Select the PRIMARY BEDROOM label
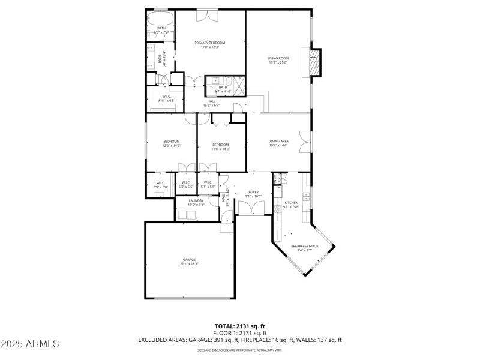(209, 43)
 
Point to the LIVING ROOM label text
(278, 58)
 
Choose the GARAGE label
(189, 260)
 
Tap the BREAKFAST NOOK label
(304, 246)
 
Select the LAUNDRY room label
(196, 200)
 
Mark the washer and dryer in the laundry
(189, 214)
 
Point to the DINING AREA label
(278, 141)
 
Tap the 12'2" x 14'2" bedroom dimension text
(171, 146)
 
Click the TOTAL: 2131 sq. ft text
(240, 326)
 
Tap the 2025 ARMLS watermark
(30, 344)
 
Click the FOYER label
(253, 192)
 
